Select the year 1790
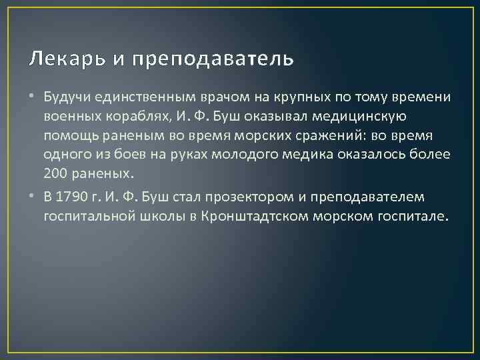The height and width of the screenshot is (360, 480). click(x=72, y=197)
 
